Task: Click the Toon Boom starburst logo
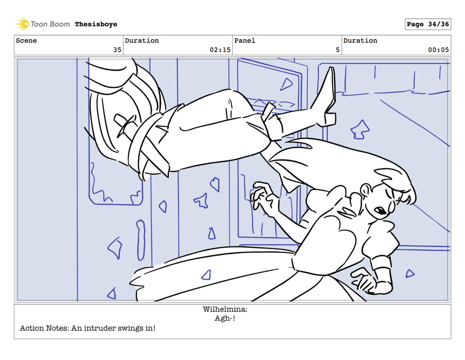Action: click(x=22, y=24)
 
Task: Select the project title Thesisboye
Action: click(x=96, y=24)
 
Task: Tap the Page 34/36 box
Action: click(x=428, y=24)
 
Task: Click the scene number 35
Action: click(x=117, y=50)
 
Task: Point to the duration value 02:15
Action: click(x=220, y=50)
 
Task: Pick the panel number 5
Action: click(x=338, y=50)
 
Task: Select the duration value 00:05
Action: click(x=438, y=50)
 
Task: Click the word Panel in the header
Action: click(x=245, y=40)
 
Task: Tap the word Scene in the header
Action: click(x=27, y=40)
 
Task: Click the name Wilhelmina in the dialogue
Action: click(x=225, y=309)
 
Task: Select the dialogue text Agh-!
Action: click(x=225, y=318)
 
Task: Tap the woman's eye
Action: click(x=380, y=211)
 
